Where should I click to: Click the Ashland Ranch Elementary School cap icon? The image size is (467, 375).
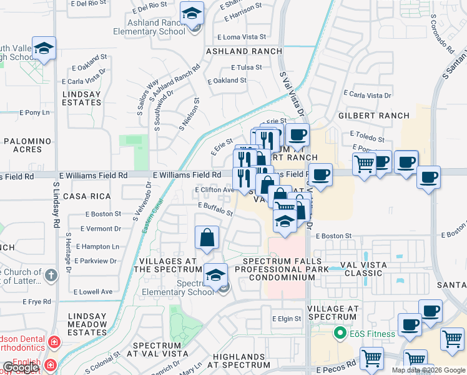[x=192, y=13]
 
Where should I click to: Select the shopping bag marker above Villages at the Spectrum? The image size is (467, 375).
[x=207, y=238]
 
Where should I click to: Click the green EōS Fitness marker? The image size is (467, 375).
[x=340, y=333]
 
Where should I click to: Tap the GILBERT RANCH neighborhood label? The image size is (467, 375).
[x=373, y=116]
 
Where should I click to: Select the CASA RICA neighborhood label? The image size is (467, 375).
[x=82, y=196]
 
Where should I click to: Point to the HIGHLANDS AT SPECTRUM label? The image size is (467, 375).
[x=238, y=361]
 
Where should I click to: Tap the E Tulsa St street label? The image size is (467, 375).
[x=246, y=67]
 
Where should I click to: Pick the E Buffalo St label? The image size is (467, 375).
[x=215, y=209]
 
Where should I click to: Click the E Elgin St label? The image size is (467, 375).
[x=287, y=319]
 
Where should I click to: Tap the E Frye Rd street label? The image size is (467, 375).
[x=36, y=301]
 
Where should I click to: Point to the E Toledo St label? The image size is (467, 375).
[x=368, y=134]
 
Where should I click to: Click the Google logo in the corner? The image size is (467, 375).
[x=21, y=367]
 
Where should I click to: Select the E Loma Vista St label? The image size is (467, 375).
[x=241, y=37]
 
